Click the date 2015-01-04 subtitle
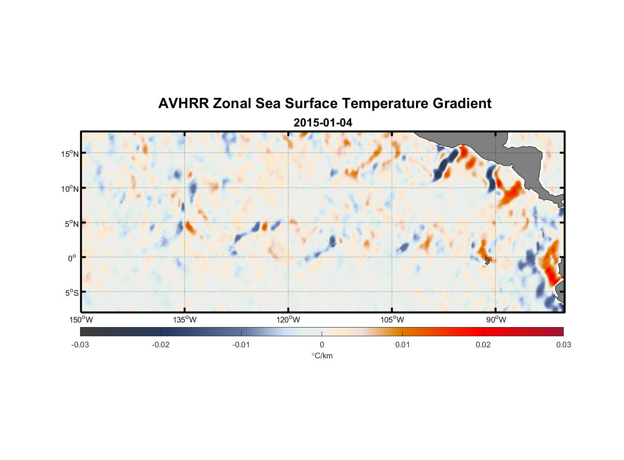(x=323, y=123)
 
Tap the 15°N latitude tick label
(x=70, y=154)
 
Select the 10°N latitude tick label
(x=70, y=189)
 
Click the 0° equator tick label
(x=72, y=258)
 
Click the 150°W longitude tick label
(x=81, y=320)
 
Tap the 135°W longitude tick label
(x=185, y=320)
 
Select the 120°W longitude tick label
(x=289, y=320)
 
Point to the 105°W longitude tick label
(x=392, y=320)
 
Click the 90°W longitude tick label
(x=496, y=320)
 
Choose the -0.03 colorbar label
(x=80, y=345)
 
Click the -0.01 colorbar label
(x=241, y=345)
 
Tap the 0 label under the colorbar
(x=322, y=345)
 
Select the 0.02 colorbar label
(x=483, y=345)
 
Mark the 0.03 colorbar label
(x=563, y=345)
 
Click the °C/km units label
(x=322, y=356)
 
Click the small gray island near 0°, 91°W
(x=487, y=260)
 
